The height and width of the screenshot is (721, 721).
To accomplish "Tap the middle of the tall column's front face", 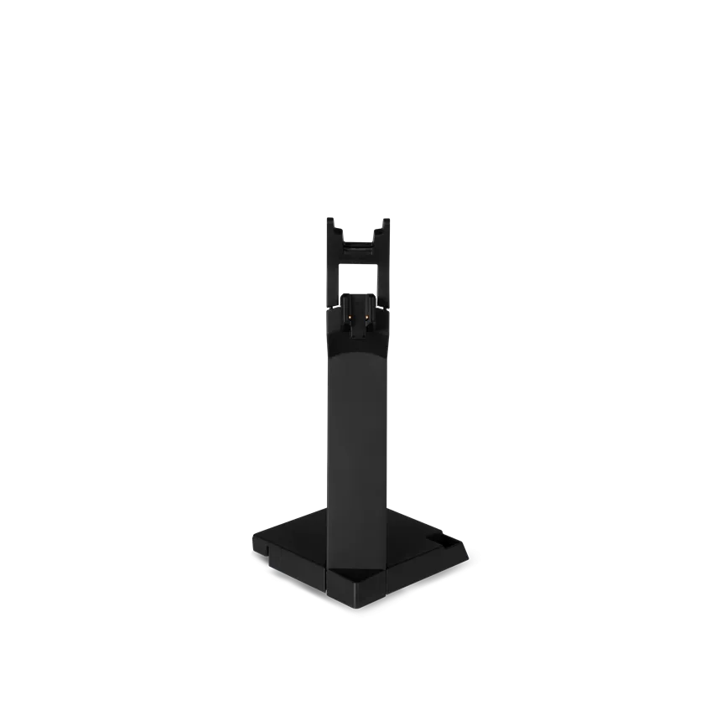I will point(358,436).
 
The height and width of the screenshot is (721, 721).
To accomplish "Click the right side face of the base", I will point(428,578).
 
